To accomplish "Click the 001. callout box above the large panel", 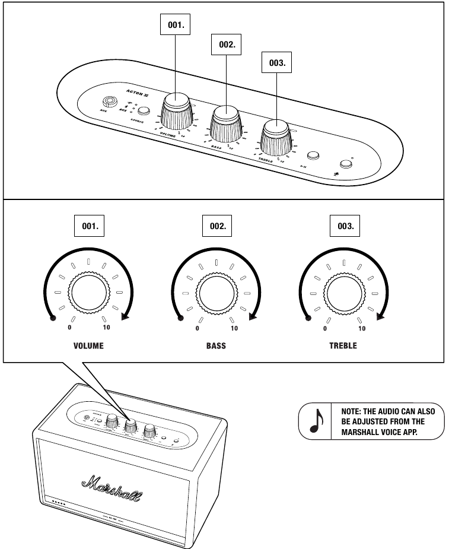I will click(176, 25).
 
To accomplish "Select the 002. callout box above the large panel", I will click(227, 43).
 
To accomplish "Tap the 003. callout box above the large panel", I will click(276, 61).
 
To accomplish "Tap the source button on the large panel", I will click(143, 110).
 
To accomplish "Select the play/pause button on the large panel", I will click(313, 156).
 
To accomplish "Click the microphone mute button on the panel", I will click(345, 164).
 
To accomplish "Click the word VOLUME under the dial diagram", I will click(88, 346).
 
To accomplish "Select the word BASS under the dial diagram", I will click(216, 346).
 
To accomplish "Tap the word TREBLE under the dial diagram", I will click(343, 346).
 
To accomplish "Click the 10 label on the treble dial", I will click(362, 328).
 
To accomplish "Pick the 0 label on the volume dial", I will click(69, 328).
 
